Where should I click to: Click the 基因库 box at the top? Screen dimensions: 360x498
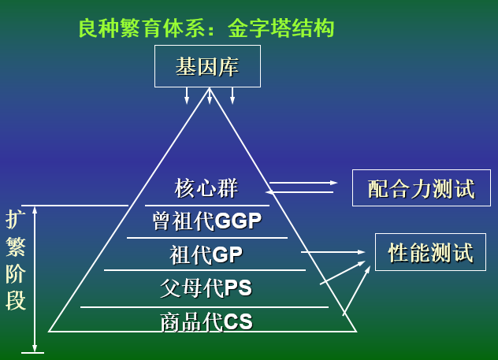coord(206,66)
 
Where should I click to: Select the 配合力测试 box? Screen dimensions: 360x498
coord(421,188)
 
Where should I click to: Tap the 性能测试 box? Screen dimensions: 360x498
coord(430,253)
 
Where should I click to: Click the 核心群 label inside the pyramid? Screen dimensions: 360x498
coord(206,188)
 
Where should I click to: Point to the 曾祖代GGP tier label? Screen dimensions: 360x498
coord(206,221)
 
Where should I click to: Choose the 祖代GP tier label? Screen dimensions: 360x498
coord(206,254)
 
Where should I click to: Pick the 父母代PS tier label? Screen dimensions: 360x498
coord(206,288)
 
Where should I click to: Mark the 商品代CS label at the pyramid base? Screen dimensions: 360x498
coord(206,321)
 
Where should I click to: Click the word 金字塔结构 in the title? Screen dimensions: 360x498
coord(281,29)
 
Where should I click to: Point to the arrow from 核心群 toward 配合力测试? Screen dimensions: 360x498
coord(303,183)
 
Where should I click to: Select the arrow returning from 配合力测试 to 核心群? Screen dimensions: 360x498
coord(303,191)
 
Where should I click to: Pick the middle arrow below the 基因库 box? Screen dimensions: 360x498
coord(209,96)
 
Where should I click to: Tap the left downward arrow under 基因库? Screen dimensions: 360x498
coord(187,95)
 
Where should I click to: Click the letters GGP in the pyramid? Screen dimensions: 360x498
coord(238,221)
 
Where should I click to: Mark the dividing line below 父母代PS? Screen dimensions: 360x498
coord(204,306)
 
